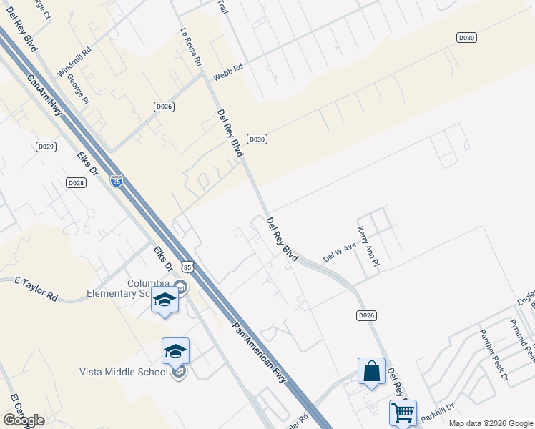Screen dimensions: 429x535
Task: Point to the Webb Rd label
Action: pyautogui.click(x=228, y=71)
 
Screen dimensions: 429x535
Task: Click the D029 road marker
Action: pyautogui.click(x=46, y=147)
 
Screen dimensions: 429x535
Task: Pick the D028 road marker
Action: pyautogui.click(x=77, y=183)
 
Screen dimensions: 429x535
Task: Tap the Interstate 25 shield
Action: pyautogui.click(x=117, y=181)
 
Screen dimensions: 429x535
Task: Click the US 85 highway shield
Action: pyautogui.click(x=187, y=267)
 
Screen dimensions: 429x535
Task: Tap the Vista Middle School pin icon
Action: pyautogui.click(x=175, y=350)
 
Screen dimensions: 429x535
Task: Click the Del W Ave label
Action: pyautogui.click(x=339, y=251)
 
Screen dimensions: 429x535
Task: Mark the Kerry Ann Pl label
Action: pyautogui.click(x=368, y=247)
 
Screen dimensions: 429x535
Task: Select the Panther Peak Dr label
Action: pyautogui.click(x=494, y=355)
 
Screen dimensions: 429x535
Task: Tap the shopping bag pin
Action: pyautogui.click(x=371, y=372)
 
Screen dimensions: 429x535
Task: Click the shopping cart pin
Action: pyautogui.click(x=403, y=413)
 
